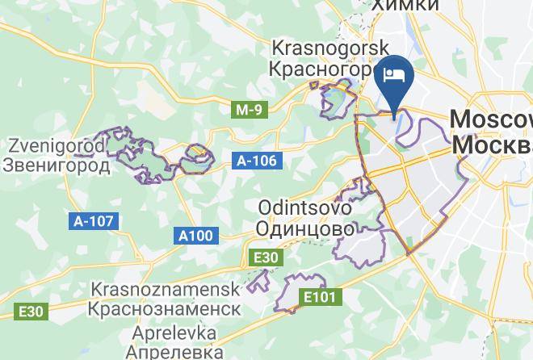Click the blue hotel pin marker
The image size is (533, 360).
397,77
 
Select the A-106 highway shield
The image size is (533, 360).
258,161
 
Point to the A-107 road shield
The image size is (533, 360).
94,220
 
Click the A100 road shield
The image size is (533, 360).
195,236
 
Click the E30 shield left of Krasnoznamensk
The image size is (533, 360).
31,311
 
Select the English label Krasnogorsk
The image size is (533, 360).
331,48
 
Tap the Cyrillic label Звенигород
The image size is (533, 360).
57,165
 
